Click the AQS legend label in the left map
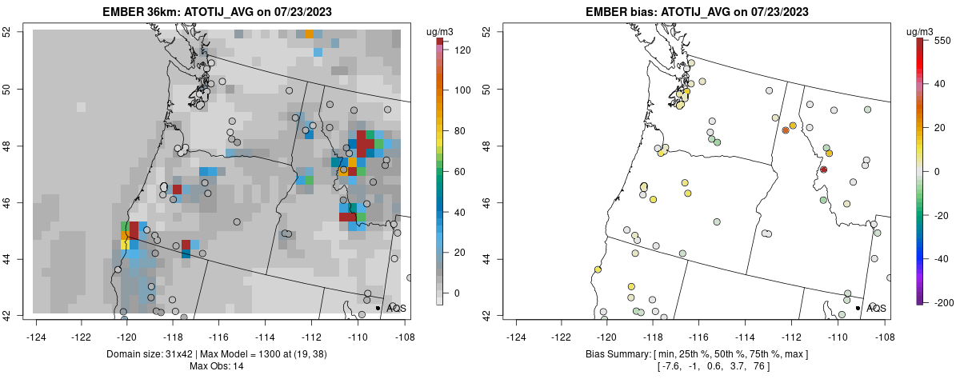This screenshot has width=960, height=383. (x=395, y=309)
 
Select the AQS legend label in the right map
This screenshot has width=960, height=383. (x=875, y=309)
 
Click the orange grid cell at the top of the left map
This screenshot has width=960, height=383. (x=309, y=34)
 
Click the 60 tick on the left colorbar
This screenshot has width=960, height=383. (x=459, y=172)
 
